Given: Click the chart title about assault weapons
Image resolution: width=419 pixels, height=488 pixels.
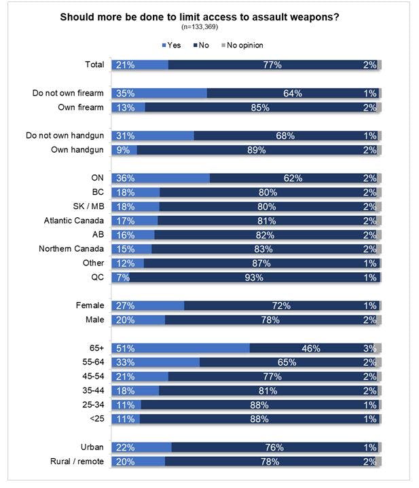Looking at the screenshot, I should (x=209, y=17).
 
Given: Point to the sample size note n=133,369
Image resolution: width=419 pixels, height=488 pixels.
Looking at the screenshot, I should (x=209, y=27).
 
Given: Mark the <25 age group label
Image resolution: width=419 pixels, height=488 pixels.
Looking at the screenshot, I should (x=95, y=419).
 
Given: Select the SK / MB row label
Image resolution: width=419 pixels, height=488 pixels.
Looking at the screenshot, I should (x=88, y=206).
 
